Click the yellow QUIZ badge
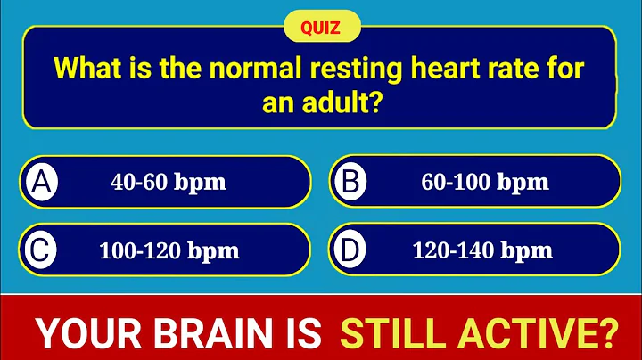322,27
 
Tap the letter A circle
39,182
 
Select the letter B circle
350,182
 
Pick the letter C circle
39,250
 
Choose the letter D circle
350,250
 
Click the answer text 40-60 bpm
169,183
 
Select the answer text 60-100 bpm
484,183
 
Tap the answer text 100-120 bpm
169,250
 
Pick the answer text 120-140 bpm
482,250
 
